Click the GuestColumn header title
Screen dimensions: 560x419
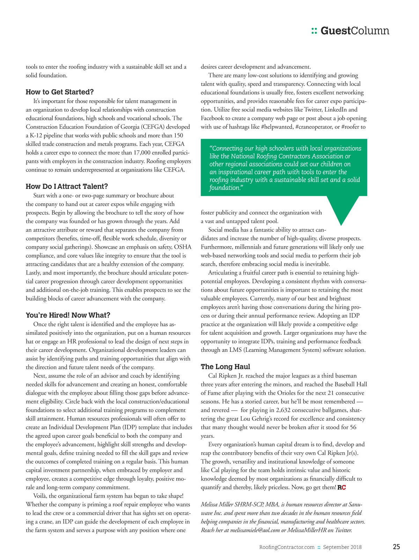[x=355, y=31]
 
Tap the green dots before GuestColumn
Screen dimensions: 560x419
[x=314, y=31]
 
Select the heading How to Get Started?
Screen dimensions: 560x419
[x=60, y=92]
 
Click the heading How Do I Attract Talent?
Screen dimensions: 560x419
[x=67, y=187]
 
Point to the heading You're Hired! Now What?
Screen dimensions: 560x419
[x=68, y=315]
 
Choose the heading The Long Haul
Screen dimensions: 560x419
[x=225, y=367]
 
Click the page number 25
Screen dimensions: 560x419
[x=396, y=547]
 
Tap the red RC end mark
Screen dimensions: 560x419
[x=341, y=487]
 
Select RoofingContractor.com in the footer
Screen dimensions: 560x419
[x=287, y=547]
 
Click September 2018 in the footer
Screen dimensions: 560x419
[x=342, y=547]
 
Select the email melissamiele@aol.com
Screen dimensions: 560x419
[x=255, y=530]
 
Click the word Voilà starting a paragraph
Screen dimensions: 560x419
[x=40, y=496]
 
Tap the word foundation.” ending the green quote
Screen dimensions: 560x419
[x=226, y=188]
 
